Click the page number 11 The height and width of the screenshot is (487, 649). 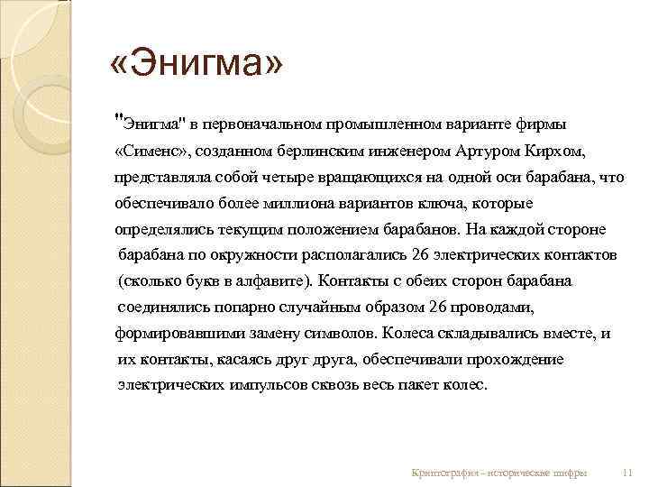(x=628, y=473)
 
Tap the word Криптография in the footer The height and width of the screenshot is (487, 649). (x=443, y=473)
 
